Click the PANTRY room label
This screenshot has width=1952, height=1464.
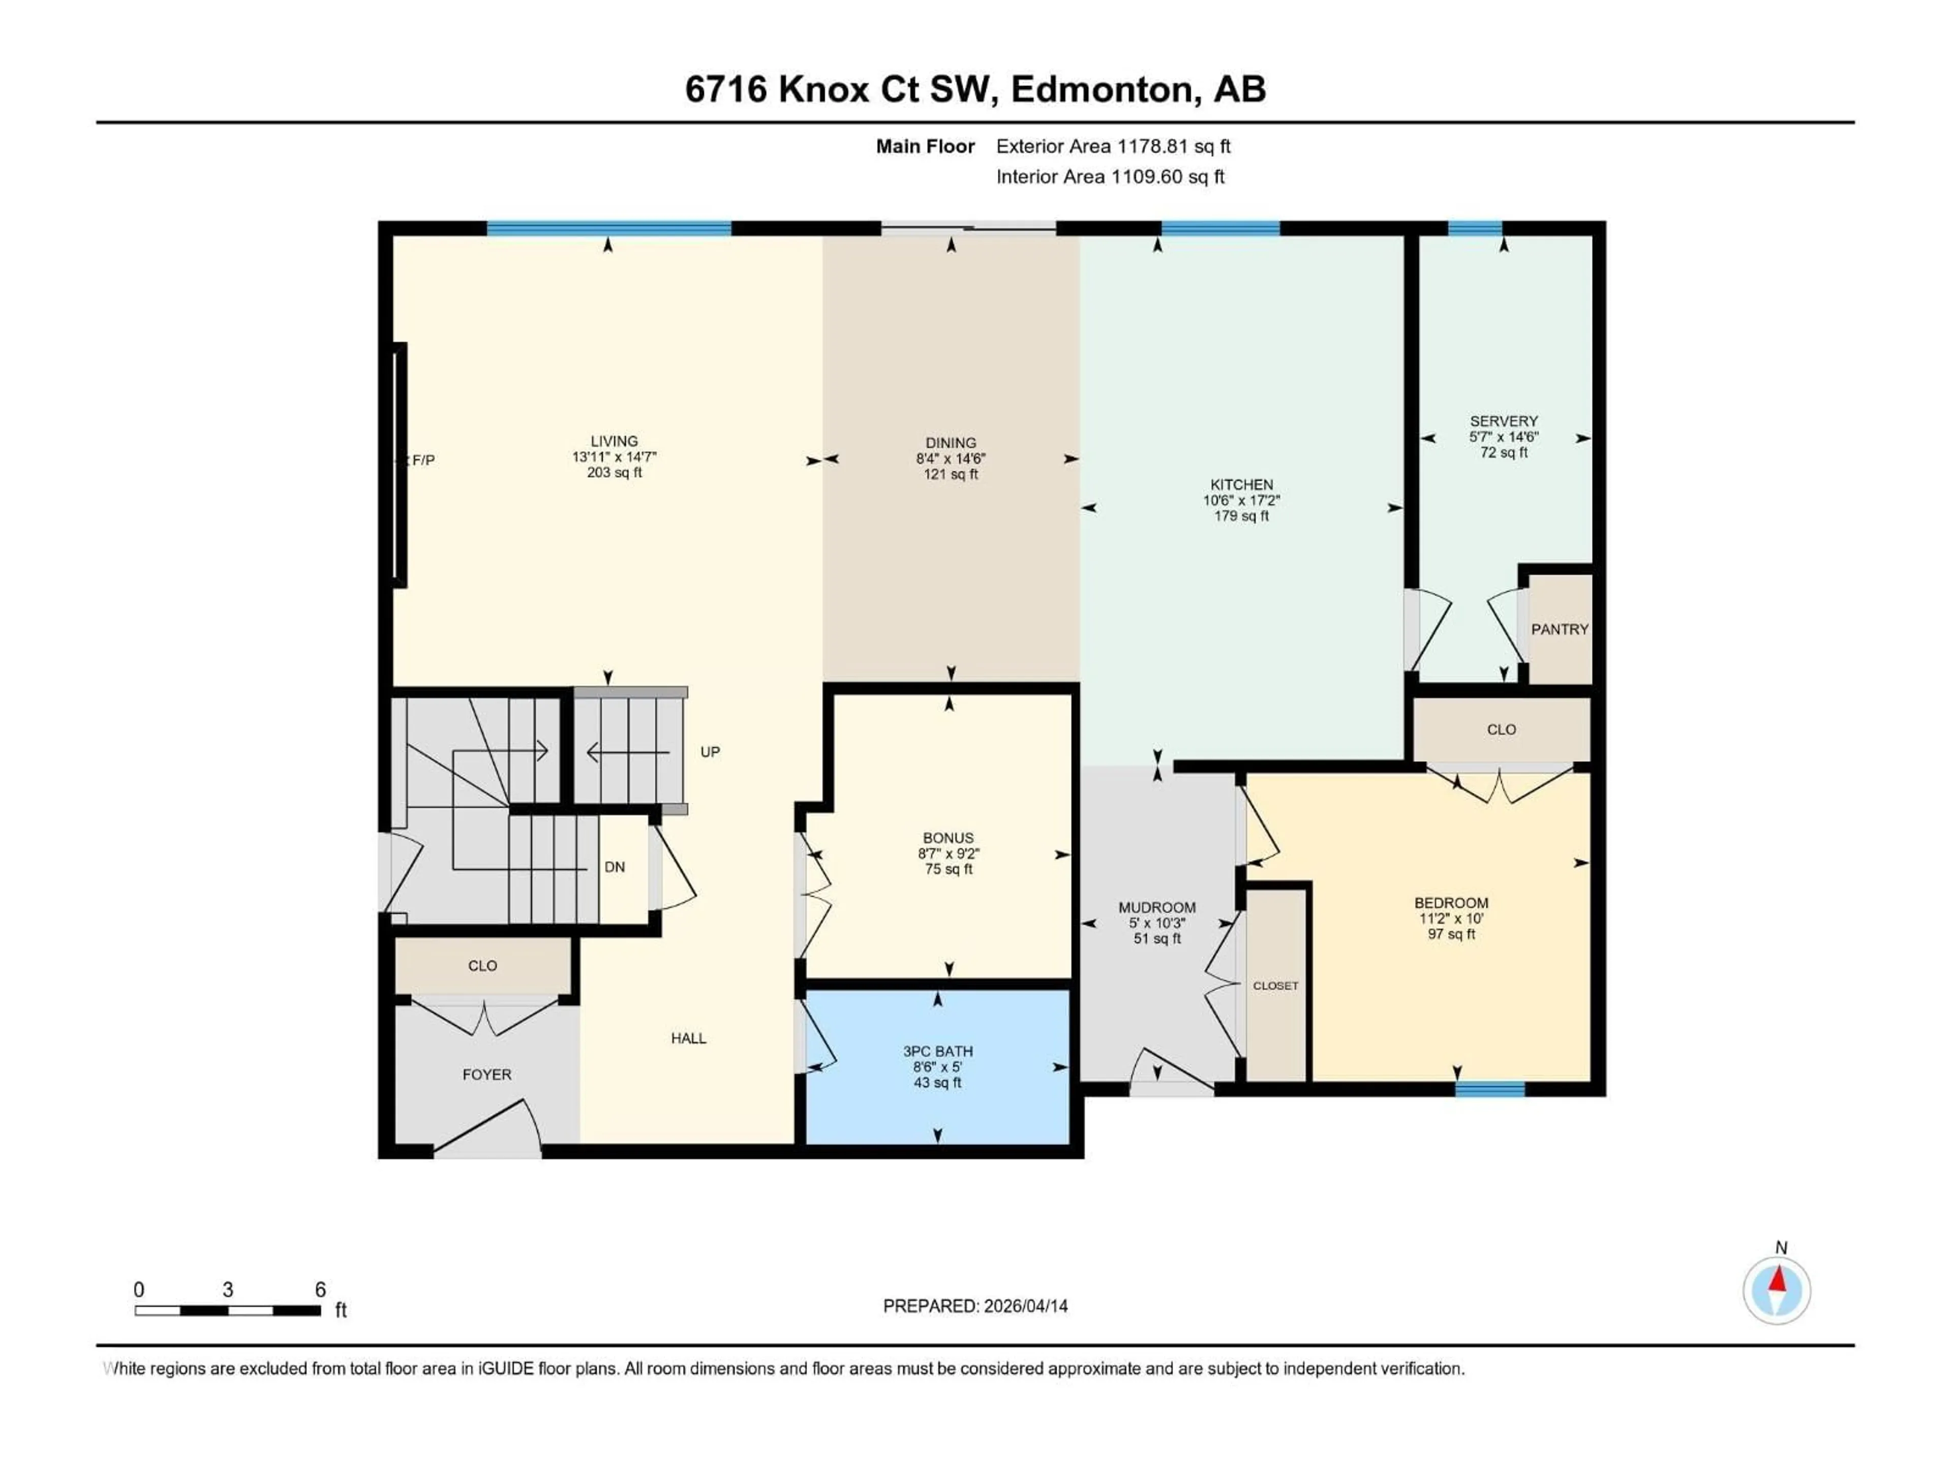pos(1559,629)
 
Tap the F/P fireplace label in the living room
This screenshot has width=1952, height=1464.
pos(423,460)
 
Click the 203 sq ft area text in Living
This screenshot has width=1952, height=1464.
pos(614,473)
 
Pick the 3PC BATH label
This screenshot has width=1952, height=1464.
pos(937,1052)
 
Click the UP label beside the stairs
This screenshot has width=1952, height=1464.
pos(710,752)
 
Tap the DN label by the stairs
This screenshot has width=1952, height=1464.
pos(615,867)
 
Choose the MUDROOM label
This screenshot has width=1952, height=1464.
pos(1157,908)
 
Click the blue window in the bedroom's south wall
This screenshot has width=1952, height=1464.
pos(1489,1089)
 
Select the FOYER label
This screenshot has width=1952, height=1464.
pos(486,1075)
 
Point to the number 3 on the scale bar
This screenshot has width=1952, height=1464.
pos(228,1289)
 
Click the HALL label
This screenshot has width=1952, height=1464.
pos(688,1039)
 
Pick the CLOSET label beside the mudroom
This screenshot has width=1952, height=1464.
pos(1275,986)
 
